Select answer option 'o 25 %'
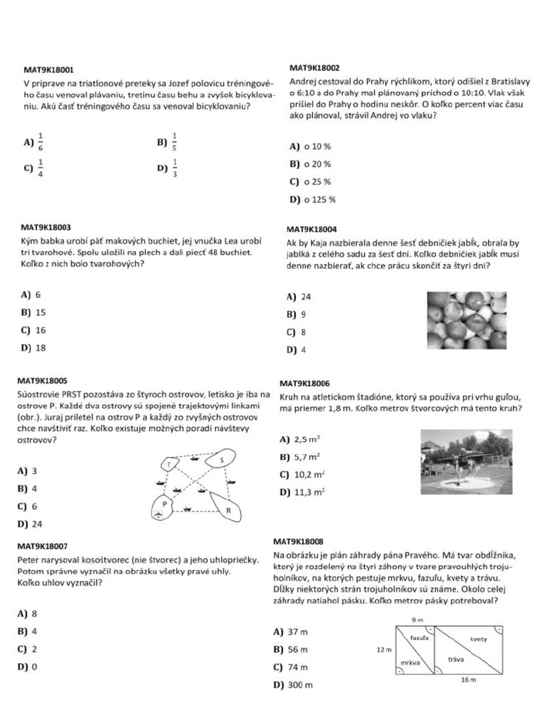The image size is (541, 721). pos(317,182)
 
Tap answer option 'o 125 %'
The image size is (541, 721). pos(320,199)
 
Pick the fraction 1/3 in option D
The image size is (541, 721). pos(175,168)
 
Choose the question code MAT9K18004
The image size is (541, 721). pos(311,229)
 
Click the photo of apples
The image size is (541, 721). pos(466,320)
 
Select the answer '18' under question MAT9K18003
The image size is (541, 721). pos(41,347)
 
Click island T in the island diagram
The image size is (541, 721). pos(170,464)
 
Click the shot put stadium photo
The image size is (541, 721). pos(466,461)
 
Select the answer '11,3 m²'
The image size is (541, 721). pos(310,491)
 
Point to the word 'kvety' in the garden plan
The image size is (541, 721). pos(478,639)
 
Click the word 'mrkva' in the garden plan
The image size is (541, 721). pos(410,663)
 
